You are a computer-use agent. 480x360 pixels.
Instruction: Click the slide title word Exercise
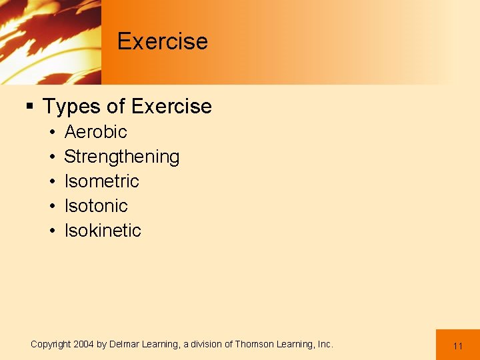click(x=163, y=41)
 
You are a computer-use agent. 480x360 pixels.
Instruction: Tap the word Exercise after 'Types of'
click(x=171, y=107)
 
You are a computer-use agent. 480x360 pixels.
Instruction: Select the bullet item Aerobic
click(x=95, y=132)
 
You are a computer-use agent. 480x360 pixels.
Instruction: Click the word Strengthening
click(x=121, y=157)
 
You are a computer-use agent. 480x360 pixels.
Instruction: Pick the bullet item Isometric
click(x=101, y=181)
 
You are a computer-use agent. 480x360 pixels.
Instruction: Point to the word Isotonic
click(x=95, y=206)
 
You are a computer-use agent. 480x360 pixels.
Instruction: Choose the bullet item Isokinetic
click(x=103, y=231)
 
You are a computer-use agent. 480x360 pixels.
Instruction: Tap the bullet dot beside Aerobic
click(x=51, y=133)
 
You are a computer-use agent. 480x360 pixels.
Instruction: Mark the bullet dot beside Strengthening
click(x=51, y=157)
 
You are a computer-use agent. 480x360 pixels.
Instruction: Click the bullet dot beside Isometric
click(x=51, y=182)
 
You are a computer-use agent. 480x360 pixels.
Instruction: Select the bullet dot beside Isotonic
click(x=51, y=207)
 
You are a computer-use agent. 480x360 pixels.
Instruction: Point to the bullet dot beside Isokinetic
click(x=51, y=231)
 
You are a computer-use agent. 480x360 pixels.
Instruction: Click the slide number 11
click(x=458, y=346)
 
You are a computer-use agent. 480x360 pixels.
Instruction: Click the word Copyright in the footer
click(x=51, y=345)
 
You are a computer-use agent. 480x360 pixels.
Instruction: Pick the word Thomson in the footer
click(x=253, y=345)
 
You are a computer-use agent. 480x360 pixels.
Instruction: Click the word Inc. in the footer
click(x=325, y=345)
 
